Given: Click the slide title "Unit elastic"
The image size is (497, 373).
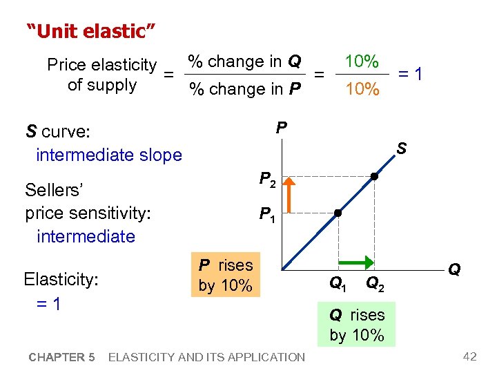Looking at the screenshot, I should pyautogui.click(x=90, y=31).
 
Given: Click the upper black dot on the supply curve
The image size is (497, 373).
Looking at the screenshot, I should pyautogui.click(x=373, y=177).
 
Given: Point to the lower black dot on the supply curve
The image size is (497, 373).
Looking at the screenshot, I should pyautogui.click(x=338, y=213).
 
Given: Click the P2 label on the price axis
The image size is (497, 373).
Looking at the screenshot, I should pyautogui.click(x=269, y=180).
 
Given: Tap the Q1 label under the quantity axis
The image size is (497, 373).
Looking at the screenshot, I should pyautogui.click(x=338, y=283).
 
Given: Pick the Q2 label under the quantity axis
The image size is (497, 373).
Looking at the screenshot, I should pyautogui.click(x=376, y=283).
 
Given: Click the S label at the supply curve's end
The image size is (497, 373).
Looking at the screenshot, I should pyautogui.click(x=401, y=149).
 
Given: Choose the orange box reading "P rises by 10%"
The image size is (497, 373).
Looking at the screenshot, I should pyautogui.click(x=226, y=275).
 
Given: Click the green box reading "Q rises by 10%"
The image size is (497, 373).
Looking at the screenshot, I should pyautogui.click(x=357, y=325).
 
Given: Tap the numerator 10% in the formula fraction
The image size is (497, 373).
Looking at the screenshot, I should pyautogui.click(x=362, y=61).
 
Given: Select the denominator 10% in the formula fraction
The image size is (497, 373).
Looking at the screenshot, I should pyautogui.click(x=362, y=89).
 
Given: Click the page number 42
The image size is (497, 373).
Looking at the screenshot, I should pyautogui.click(x=469, y=356).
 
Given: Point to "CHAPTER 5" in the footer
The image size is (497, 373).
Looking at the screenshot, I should pyautogui.click(x=62, y=357).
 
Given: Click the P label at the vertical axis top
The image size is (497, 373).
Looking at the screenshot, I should pyautogui.click(x=281, y=127).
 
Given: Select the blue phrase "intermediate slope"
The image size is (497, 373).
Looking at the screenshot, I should pyautogui.click(x=108, y=155).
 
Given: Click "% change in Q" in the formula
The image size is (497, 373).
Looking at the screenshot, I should pyautogui.click(x=245, y=61).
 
